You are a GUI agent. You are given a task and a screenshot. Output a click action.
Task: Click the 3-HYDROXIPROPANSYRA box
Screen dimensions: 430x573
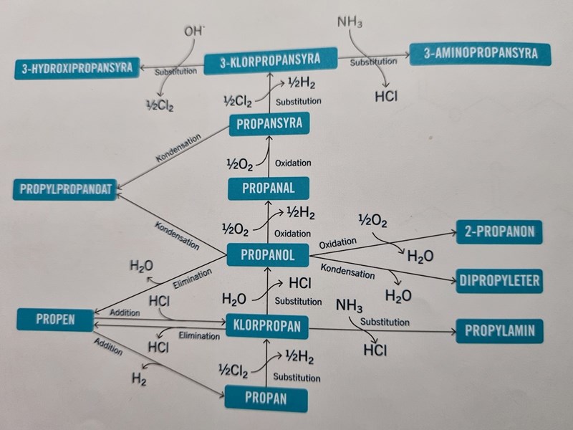[77, 69]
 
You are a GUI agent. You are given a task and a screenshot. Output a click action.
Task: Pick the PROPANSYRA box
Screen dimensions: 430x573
[269, 124]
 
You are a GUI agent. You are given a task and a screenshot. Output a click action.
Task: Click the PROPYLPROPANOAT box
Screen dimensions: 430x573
[65, 190]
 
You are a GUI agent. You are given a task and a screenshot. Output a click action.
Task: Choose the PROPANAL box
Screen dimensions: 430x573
[269, 188]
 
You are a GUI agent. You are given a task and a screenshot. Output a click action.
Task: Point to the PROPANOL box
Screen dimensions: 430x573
[268, 254]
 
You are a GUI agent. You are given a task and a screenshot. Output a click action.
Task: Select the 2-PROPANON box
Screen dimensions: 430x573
[499, 233]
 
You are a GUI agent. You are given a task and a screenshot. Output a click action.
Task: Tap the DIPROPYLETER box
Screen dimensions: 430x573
[499, 279]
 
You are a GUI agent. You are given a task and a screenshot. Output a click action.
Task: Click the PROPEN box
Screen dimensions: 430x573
[55, 319]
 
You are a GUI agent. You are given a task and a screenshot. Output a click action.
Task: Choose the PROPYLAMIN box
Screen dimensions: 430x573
[499, 331]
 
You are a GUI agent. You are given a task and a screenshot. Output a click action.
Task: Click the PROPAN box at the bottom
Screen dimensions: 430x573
[266, 398]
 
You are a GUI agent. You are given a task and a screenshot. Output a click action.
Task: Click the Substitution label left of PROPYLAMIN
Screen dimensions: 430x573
[385, 322]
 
